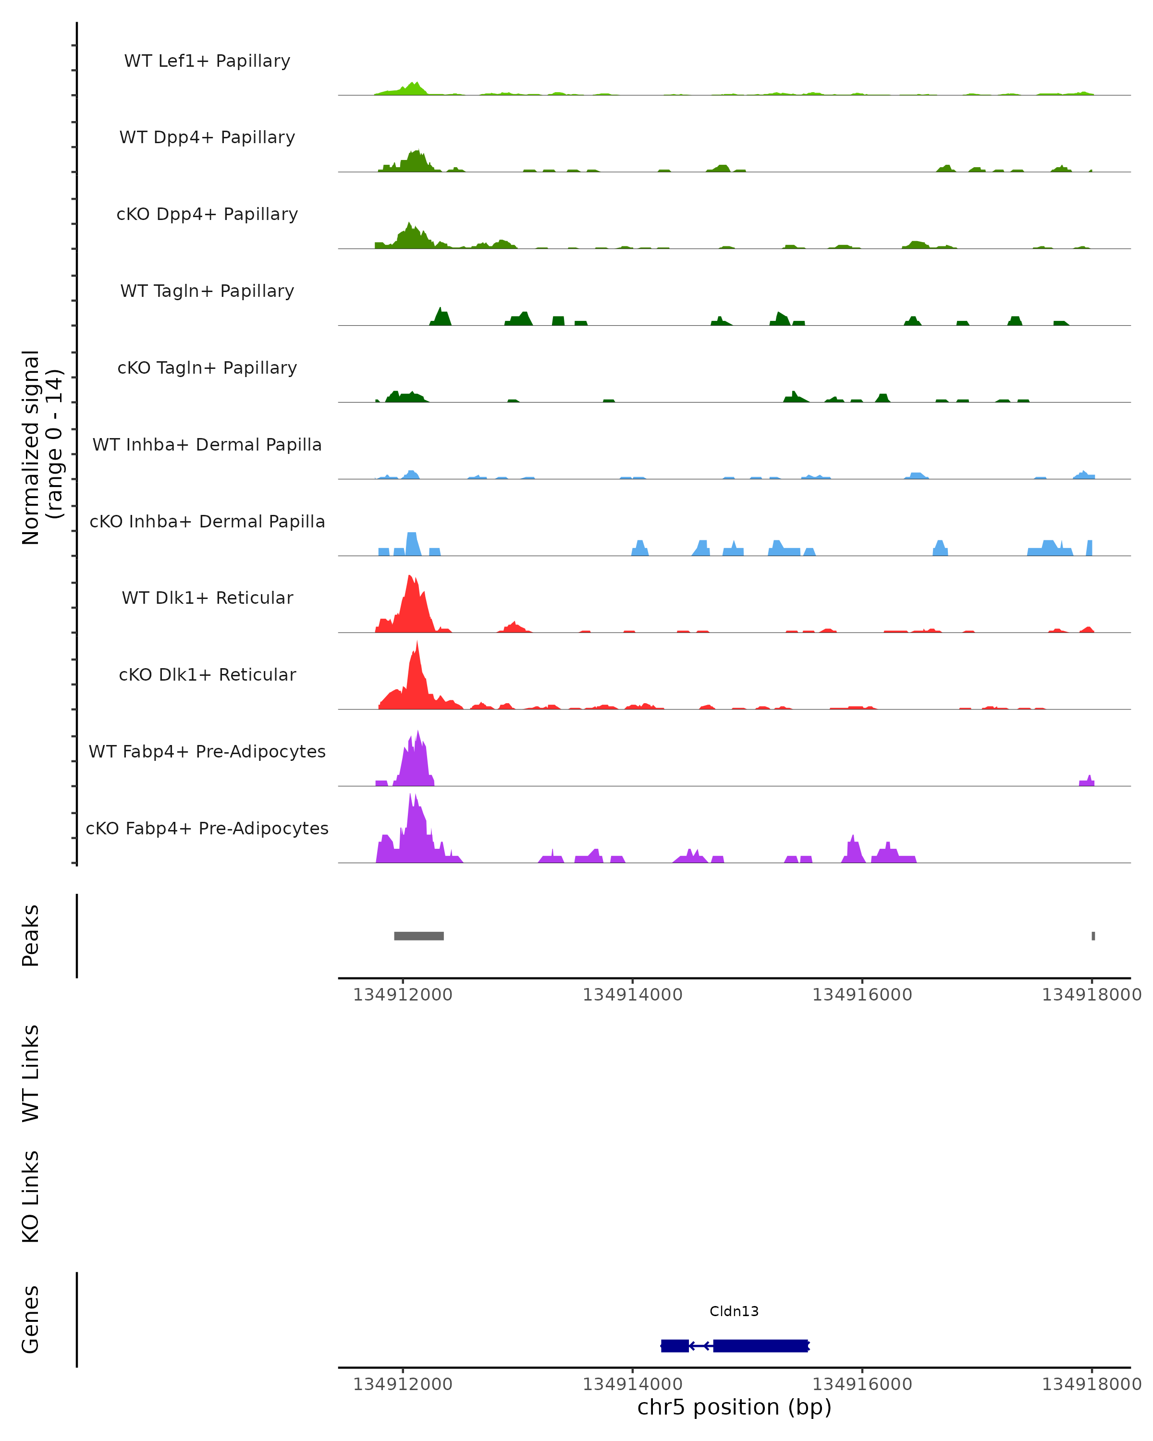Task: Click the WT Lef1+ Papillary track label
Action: tap(207, 61)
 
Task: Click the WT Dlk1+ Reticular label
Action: tap(207, 598)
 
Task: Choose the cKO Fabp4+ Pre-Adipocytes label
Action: tap(207, 828)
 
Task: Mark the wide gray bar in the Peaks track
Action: tap(418, 936)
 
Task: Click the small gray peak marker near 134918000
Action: tap(1093, 936)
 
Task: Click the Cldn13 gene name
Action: tap(734, 1311)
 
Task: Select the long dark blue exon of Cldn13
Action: tap(760, 1346)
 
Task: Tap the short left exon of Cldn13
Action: tap(675, 1346)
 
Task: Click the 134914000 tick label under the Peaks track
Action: tap(632, 995)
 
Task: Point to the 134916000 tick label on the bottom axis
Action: tap(862, 1384)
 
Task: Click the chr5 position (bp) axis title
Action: tap(734, 1407)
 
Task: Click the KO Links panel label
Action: tap(31, 1197)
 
